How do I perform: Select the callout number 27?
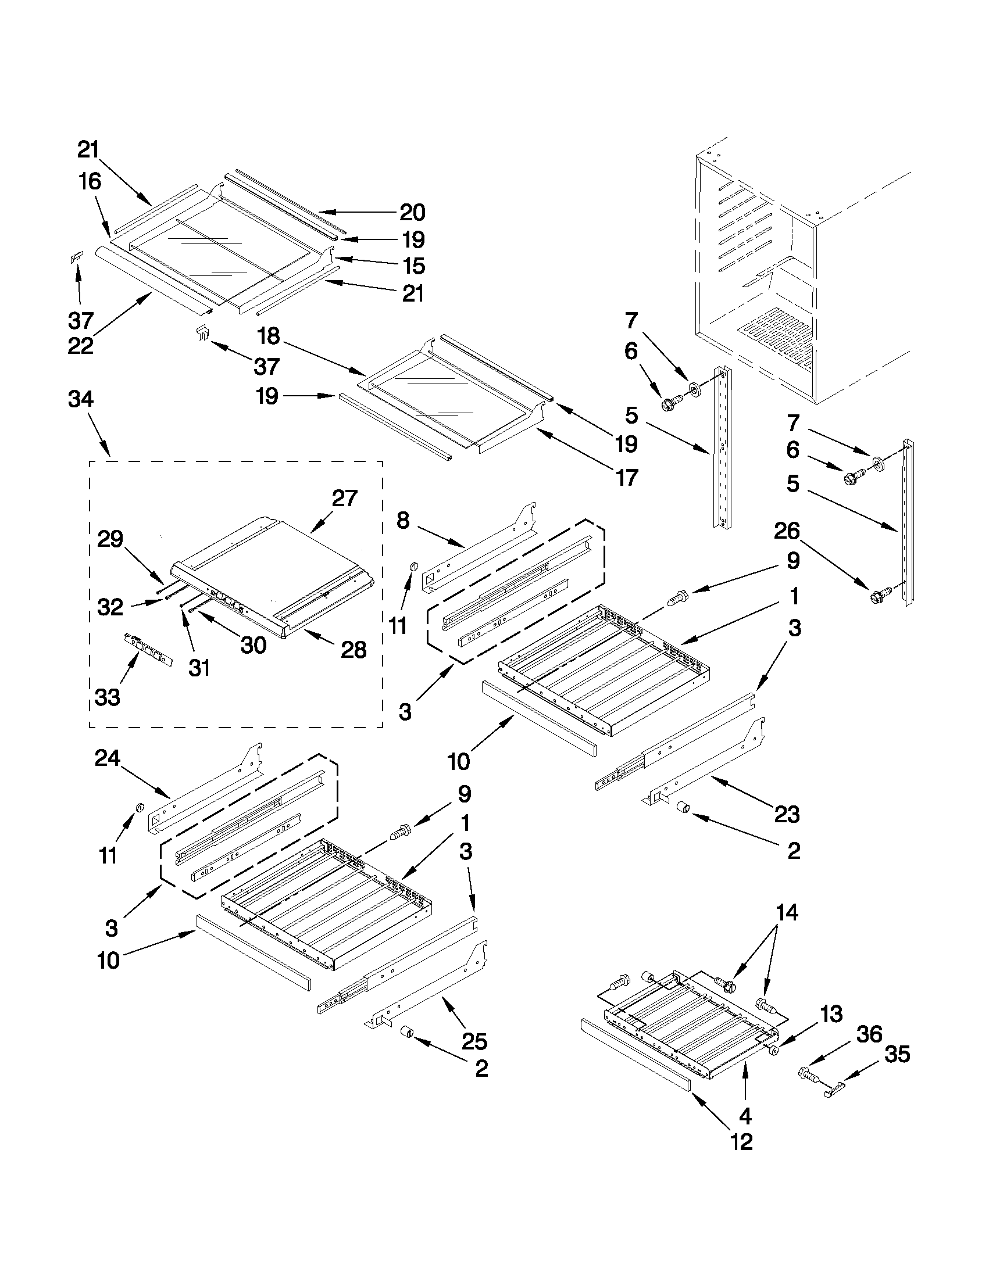coord(345,499)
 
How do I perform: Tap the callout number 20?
coord(412,213)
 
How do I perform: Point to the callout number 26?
coord(786,531)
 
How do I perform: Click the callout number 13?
coord(831,1013)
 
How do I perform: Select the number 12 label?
coord(741,1142)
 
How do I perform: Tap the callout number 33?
coord(107,697)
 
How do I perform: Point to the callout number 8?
coord(402,520)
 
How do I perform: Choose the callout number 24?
coord(107,759)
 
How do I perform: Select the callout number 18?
coord(270,336)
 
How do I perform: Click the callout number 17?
coord(627,478)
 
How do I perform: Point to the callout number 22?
coord(80,346)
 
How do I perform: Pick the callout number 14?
coord(786,913)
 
